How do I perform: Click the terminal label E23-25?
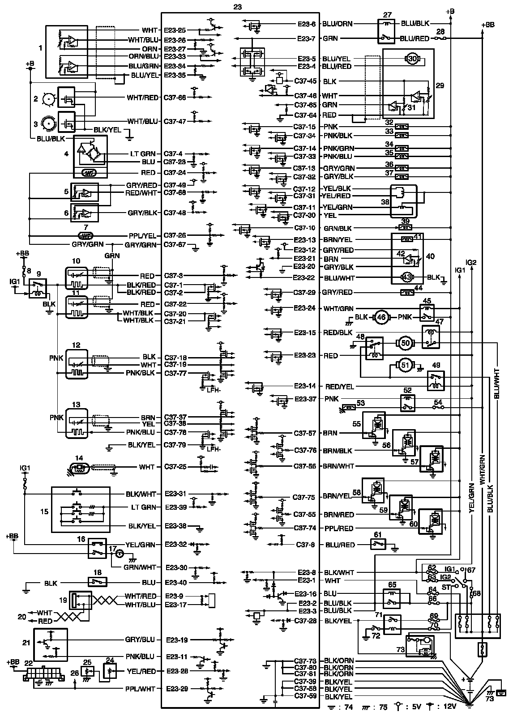coord(175,30)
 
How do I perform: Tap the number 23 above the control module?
coord(238,7)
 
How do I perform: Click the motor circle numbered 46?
coord(380,317)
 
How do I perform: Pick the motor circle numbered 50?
coord(406,343)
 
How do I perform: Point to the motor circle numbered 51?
coord(405,366)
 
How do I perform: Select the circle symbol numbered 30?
coord(412,58)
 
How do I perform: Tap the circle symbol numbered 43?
coord(407,277)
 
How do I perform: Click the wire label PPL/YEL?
coord(143,235)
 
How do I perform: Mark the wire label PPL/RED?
coord(339,528)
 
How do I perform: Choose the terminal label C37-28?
coord(306,621)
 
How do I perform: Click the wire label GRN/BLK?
coord(338,228)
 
